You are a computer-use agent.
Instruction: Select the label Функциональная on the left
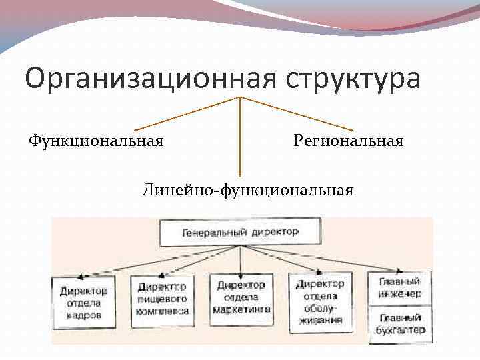(x=96, y=141)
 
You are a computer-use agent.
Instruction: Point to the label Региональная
(x=348, y=141)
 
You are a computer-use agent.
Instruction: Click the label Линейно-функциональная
(x=247, y=191)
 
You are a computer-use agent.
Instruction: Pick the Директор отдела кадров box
(x=84, y=303)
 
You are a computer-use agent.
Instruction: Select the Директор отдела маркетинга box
(x=242, y=297)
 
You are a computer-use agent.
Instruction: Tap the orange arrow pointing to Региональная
(x=297, y=113)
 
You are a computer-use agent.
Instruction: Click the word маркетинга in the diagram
(x=242, y=309)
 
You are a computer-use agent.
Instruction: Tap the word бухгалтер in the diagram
(x=400, y=330)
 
